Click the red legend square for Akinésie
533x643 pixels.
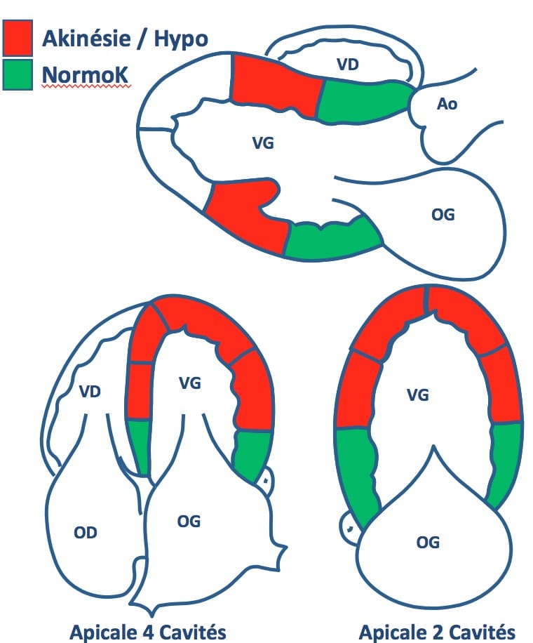pyautogui.click(x=18, y=38)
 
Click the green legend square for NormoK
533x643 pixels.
pyautogui.click(x=18, y=74)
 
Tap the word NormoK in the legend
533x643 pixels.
pyautogui.click(x=86, y=75)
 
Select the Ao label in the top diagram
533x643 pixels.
pyautogui.click(x=447, y=104)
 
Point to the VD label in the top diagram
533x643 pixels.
pyautogui.click(x=347, y=65)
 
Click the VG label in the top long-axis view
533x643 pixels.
pyautogui.click(x=262, y=143)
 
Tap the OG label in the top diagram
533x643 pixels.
pyautogui.click(x=443, y=215)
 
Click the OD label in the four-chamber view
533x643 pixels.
pyautogui.click(x=86, y=533)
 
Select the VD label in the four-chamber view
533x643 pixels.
pyautogui.click(x=90, y=392)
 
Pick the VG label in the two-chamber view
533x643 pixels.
pyautogui.click(x=418, y=395)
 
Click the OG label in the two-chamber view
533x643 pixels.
pyautogui.click(x=428, y=543)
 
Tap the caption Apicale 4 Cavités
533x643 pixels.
pyautogui.click(x=148, y=632)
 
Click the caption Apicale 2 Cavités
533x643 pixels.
pyautogui.click(x=437, y=632)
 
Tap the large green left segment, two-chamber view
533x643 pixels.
pyautogui.click(x=356, y=472)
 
